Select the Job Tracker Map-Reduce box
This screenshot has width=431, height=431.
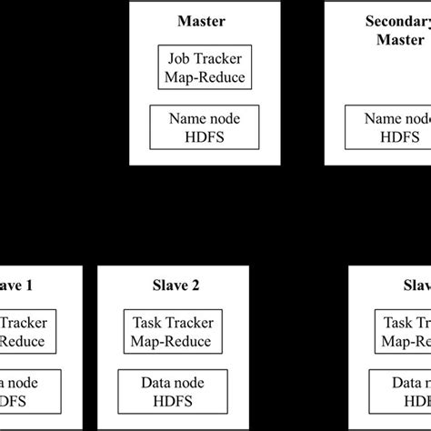tap(204, 65)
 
